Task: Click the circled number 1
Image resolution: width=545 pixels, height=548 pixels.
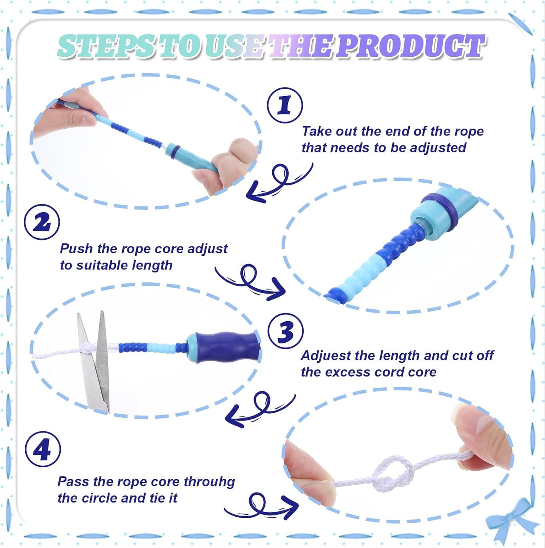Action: (x=285, y=105)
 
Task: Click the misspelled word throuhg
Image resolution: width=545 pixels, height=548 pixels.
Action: (x=209, y=482)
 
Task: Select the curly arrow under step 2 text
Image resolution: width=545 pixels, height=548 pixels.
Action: (x=250, y=282)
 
